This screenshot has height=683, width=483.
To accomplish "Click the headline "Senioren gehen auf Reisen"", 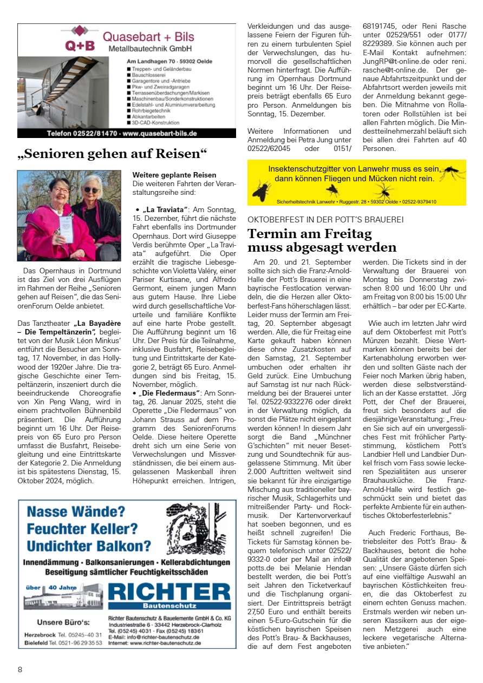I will coord(112,154).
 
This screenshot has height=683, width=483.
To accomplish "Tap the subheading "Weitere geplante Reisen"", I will coord(174,175).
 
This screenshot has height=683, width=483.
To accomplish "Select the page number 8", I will coord(20,669).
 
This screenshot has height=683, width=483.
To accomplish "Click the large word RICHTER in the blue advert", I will coord(169,590).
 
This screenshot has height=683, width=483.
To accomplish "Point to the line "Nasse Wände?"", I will coord(76,511).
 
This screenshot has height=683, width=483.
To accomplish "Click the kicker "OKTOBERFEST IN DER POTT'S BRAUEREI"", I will coord(325,220).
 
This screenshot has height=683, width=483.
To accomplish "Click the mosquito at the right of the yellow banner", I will coord(451,173).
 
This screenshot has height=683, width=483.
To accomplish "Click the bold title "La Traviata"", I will coord(165,209).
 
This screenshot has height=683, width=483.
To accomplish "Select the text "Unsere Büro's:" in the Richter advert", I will coord(63,621).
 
